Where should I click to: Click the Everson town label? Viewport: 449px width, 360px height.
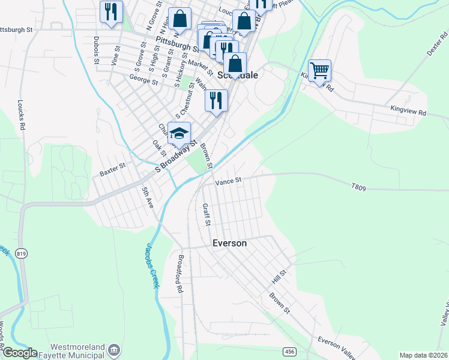(x=230, y=243)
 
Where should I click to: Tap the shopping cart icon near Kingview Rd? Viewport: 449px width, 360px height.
(x=319, y=70)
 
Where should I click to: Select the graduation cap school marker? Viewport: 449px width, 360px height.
(x=179, y=133)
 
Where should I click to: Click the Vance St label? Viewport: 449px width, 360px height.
(x=228, y=180)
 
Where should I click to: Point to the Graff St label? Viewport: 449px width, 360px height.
(x=206, y=215)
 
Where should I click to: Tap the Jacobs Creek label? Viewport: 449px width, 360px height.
(x=151, y=265)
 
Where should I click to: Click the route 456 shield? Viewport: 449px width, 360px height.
(x=289, y=350)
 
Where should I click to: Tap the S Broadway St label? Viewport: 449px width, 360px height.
(x=176, y=158)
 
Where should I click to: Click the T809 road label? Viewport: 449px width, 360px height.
(x=358, y=187)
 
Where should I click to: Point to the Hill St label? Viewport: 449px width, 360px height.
(x=279, y=277)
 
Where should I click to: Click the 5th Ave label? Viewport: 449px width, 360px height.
(x=147, y=199)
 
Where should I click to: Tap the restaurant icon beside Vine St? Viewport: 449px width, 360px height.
(x=111, y=12)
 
